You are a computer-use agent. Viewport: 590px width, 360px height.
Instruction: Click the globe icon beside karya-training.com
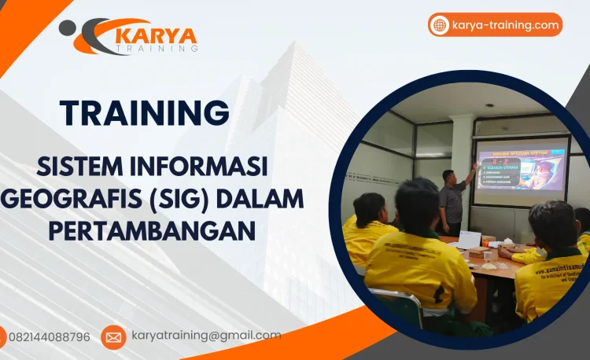(440, 25)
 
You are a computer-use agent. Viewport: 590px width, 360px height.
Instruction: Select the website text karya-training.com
(505, 25)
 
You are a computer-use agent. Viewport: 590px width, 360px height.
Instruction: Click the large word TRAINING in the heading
(145, 113)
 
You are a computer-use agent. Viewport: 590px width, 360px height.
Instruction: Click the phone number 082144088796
(49, 337)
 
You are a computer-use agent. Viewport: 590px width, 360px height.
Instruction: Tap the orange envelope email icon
(113, 337)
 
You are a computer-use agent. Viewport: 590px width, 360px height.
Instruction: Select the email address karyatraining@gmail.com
(206, 336)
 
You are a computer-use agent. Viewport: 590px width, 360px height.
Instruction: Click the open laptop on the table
(468, 240)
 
